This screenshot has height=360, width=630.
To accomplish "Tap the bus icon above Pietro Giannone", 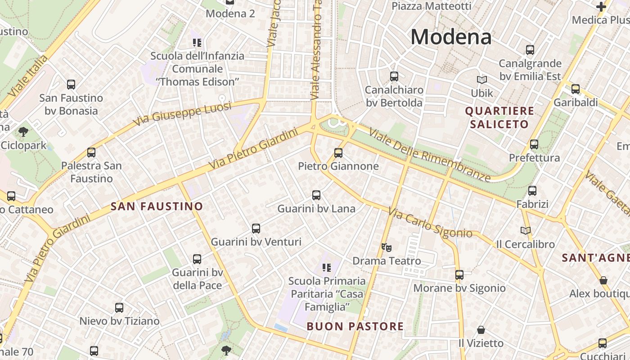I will (338, 153).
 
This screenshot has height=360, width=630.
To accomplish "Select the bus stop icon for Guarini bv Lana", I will (316, 195).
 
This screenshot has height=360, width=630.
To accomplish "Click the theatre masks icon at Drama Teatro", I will (387, 247).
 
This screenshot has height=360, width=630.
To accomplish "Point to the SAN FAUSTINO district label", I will (157, 207).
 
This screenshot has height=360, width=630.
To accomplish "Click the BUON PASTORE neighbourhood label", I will (355, 326).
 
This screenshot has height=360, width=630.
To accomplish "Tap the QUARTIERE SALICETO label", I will (499, 117).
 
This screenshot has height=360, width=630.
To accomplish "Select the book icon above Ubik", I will (482, 80).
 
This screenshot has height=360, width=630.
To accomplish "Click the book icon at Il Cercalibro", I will (525, 231).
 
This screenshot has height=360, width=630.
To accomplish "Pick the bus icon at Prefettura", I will (534, 144).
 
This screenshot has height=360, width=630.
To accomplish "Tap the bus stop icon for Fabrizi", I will (532, 191).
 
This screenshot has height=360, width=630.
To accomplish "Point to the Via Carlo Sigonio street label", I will (430, 223).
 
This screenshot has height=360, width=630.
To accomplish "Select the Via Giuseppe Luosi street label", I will (183, 113).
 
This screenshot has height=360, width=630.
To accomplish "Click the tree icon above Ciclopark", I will (23, 132).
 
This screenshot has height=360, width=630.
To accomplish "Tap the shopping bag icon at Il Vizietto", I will (481, 330).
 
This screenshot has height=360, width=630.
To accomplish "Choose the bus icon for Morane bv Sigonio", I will (459, 274).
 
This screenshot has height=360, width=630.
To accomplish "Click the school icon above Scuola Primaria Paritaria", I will (327, 268).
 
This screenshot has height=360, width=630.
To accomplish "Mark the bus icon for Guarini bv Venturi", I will (256, 229).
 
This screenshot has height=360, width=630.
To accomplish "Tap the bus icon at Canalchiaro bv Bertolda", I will (394, 76).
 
